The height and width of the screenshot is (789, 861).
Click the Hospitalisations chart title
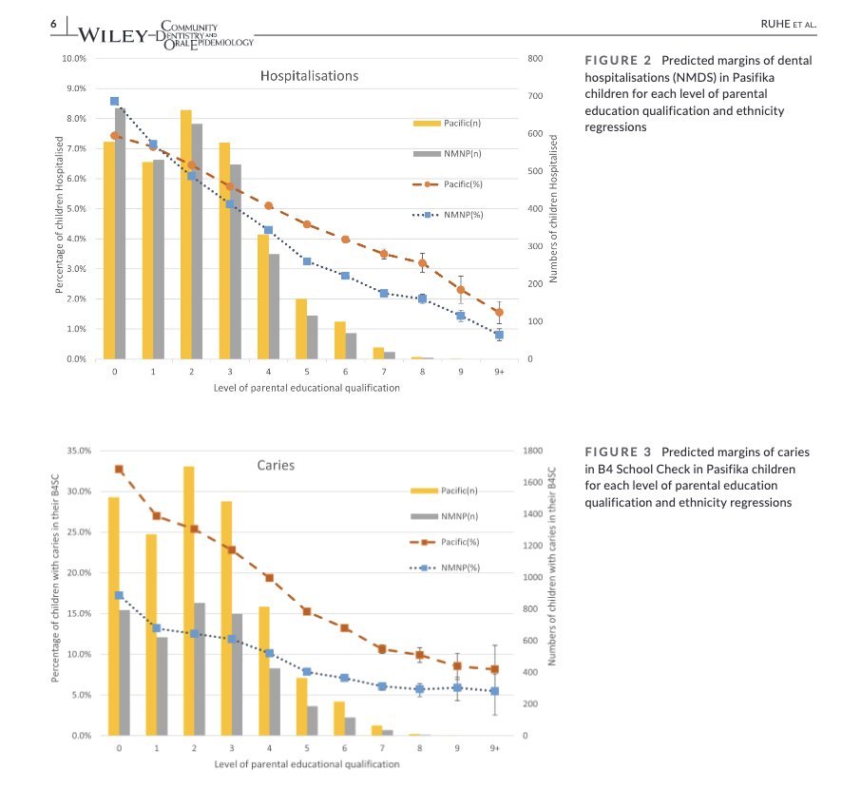pos(309,75)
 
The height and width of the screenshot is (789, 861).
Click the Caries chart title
pos(276,466)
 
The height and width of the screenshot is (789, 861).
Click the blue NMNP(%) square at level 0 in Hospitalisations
pos(114,101)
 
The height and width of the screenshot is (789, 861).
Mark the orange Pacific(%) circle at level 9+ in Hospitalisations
pos(499,312)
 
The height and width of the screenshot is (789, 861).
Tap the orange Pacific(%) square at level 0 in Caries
pos(119,469)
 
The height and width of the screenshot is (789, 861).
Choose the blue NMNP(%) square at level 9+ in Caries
pos(494,691)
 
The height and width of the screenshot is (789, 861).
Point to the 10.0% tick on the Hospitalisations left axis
pos(74,59)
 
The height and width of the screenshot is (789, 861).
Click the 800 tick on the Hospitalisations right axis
pos(534,59)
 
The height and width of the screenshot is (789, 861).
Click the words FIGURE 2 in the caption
pos(616,61)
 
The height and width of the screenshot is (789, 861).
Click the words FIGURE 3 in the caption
pos(616,452)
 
